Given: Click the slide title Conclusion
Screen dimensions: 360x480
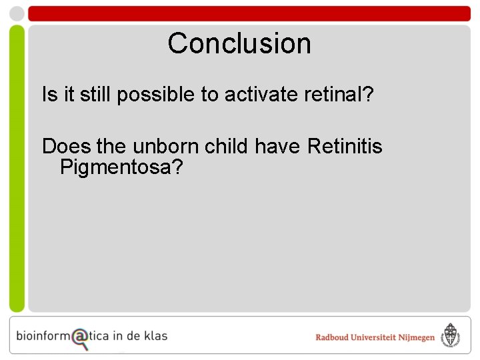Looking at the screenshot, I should (239, 43).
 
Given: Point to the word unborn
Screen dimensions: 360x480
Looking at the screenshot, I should (163, 145).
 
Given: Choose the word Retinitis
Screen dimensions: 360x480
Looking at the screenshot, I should (345, 145).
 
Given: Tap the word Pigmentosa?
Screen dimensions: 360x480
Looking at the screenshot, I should (121, 167).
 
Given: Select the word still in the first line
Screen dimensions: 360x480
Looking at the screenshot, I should (96, 95).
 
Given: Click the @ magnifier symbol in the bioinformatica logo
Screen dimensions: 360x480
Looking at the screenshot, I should (81, 337).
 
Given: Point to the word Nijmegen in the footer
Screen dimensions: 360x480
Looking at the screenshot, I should (416, 337).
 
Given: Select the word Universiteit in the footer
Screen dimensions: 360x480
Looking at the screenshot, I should (375, 337).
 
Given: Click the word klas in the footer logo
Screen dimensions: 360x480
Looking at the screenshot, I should (156, 335).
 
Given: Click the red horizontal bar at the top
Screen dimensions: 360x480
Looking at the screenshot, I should (249, 13).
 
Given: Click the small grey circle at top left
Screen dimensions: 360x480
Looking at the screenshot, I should (17, 13).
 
